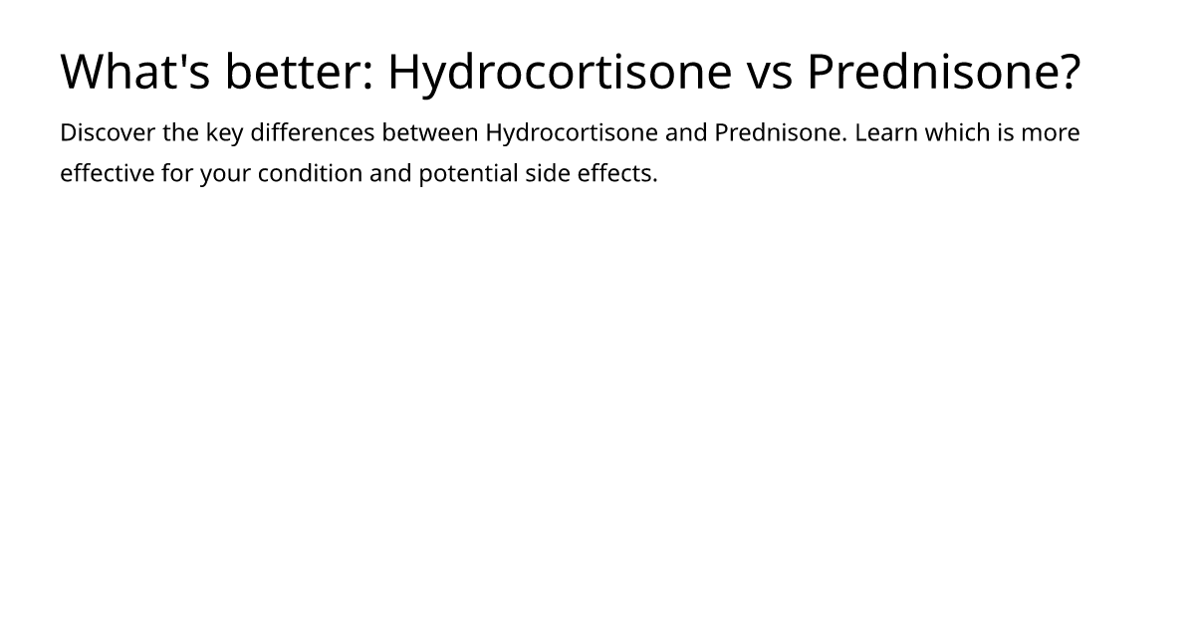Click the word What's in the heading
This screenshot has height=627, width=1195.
[x=134, y=72]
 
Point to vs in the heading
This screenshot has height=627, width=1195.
[x=768, y=72]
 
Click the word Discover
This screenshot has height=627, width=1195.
[x=107, y=133]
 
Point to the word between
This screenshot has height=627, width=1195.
[x=430, y=133]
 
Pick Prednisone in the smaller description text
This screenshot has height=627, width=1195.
[x=780, y=133]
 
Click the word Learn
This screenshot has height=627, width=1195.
[x=886, y=133]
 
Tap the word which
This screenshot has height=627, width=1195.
[x=957, y=133]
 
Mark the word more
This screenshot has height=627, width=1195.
[x=1051, y=133]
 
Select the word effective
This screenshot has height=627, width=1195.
[x=108, y=174]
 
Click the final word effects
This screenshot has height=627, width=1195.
[x=617, y=174]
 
